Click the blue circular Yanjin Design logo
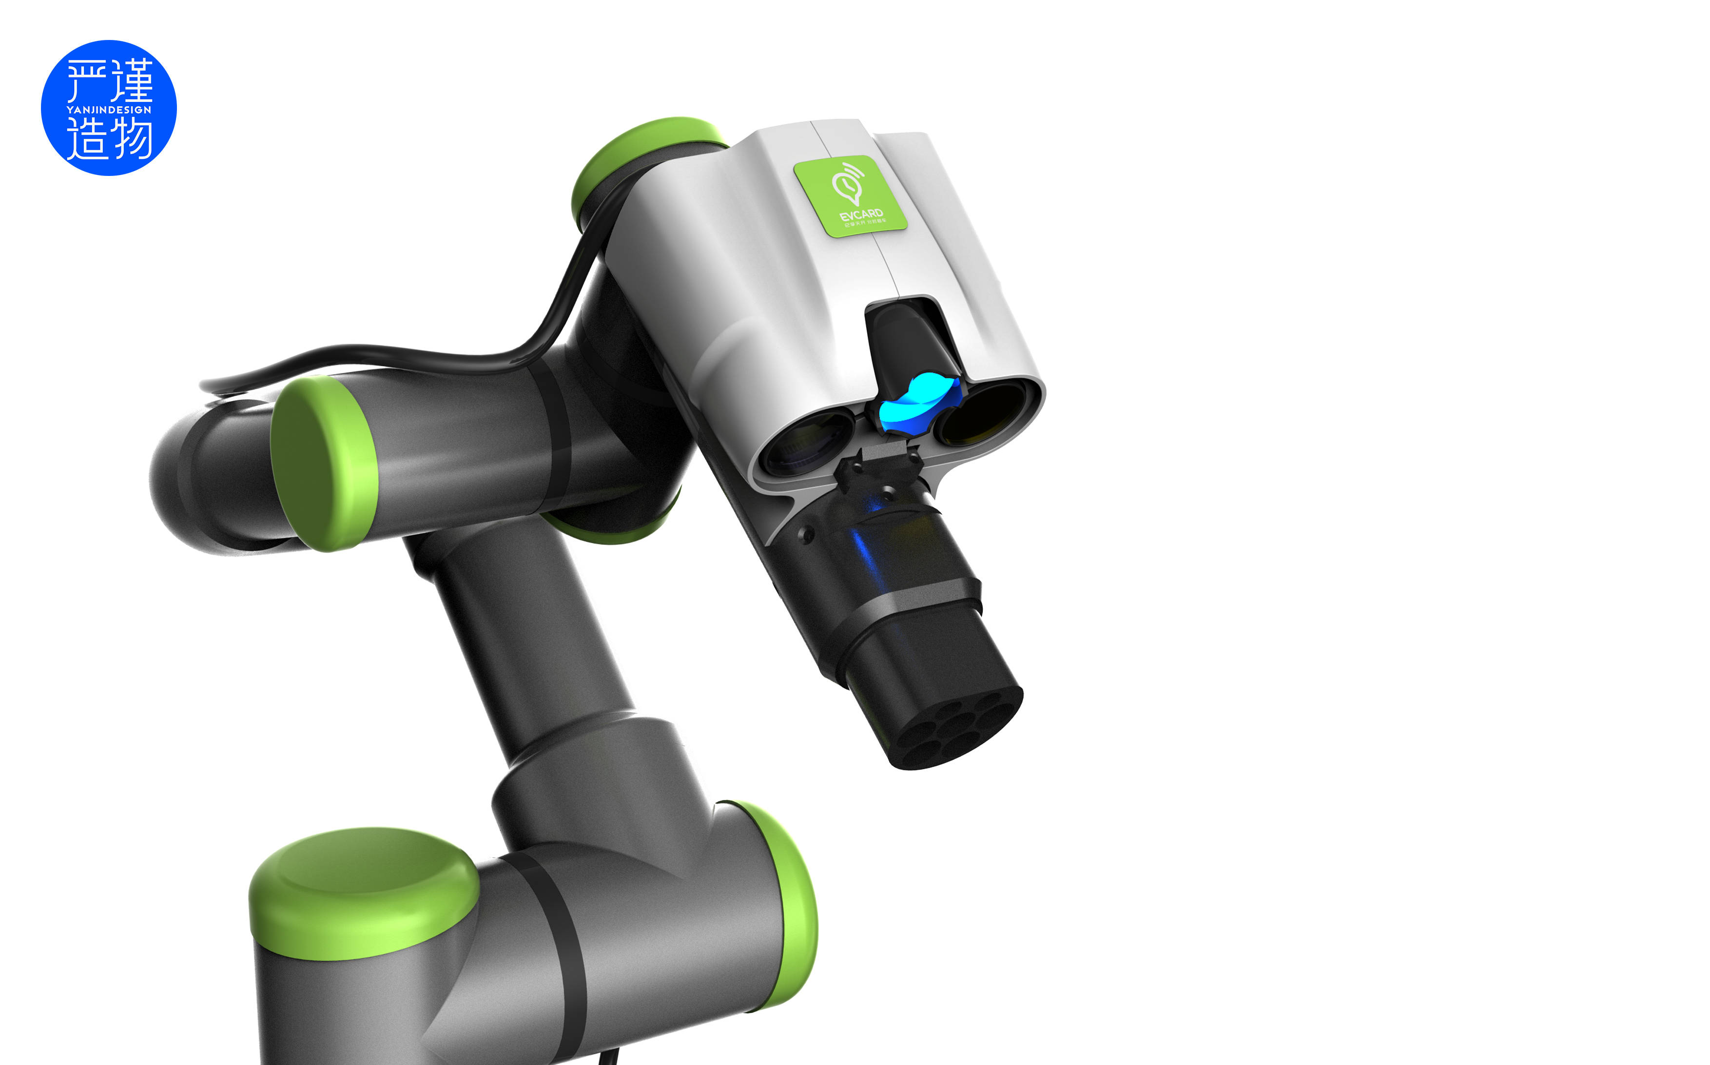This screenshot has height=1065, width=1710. (109, 108)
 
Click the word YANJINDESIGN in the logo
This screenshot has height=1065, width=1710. (109, 110)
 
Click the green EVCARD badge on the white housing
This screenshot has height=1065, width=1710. (851, 196)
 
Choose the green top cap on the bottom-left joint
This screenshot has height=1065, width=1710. (363, 891)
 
